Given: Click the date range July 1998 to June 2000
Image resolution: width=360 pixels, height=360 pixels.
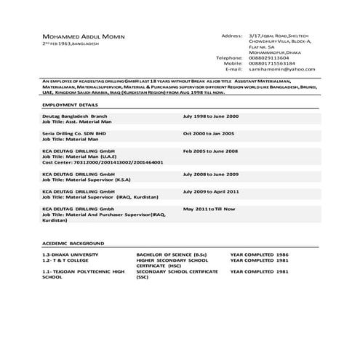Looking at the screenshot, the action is [210, 116].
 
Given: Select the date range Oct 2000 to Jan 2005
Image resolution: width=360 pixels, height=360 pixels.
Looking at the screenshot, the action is [209, 134].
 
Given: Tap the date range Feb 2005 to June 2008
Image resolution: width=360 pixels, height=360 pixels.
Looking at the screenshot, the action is [210, 151].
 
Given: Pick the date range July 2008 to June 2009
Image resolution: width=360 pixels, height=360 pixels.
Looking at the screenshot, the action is [210, 175].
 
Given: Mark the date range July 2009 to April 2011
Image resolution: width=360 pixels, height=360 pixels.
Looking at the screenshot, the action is [211, 191].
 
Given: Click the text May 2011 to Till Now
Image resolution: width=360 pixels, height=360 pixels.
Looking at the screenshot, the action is [209, 209].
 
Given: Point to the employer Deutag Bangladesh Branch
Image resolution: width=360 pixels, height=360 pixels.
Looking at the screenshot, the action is [75, 116].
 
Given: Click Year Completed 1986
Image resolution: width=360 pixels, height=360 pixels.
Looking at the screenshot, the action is [259, 254].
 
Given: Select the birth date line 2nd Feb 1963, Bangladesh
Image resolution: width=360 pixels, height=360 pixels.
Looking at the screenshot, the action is [71, 44].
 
